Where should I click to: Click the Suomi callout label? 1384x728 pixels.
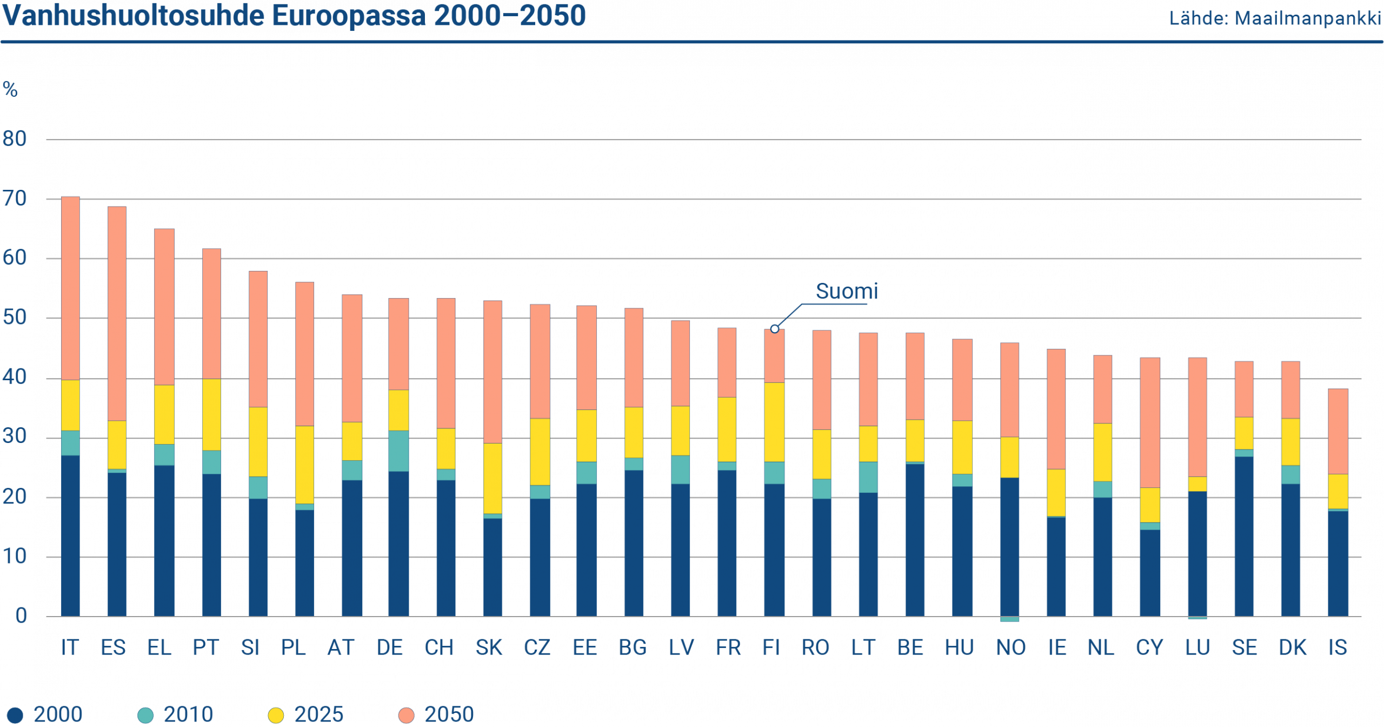847,292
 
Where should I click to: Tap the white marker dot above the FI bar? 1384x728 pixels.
775,329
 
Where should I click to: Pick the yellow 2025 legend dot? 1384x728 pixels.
276,715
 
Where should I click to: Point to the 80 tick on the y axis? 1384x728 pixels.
15,139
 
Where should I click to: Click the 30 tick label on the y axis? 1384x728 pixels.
15,437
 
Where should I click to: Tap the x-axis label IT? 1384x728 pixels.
70,647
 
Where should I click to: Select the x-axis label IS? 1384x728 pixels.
1338,647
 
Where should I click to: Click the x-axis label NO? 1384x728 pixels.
1010,647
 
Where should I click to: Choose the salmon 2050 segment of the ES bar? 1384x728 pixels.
117,314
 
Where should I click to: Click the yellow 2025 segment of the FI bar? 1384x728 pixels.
774,422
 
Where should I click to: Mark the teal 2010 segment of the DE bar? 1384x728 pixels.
398,451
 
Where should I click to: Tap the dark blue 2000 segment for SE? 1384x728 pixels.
1244,535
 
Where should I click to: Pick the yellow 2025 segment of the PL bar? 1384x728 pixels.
304,465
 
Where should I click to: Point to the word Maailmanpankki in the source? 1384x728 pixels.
1308,19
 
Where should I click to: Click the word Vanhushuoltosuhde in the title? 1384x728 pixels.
134,16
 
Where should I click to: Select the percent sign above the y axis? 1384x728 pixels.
10,89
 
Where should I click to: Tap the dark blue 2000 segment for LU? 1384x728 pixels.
1197,554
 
